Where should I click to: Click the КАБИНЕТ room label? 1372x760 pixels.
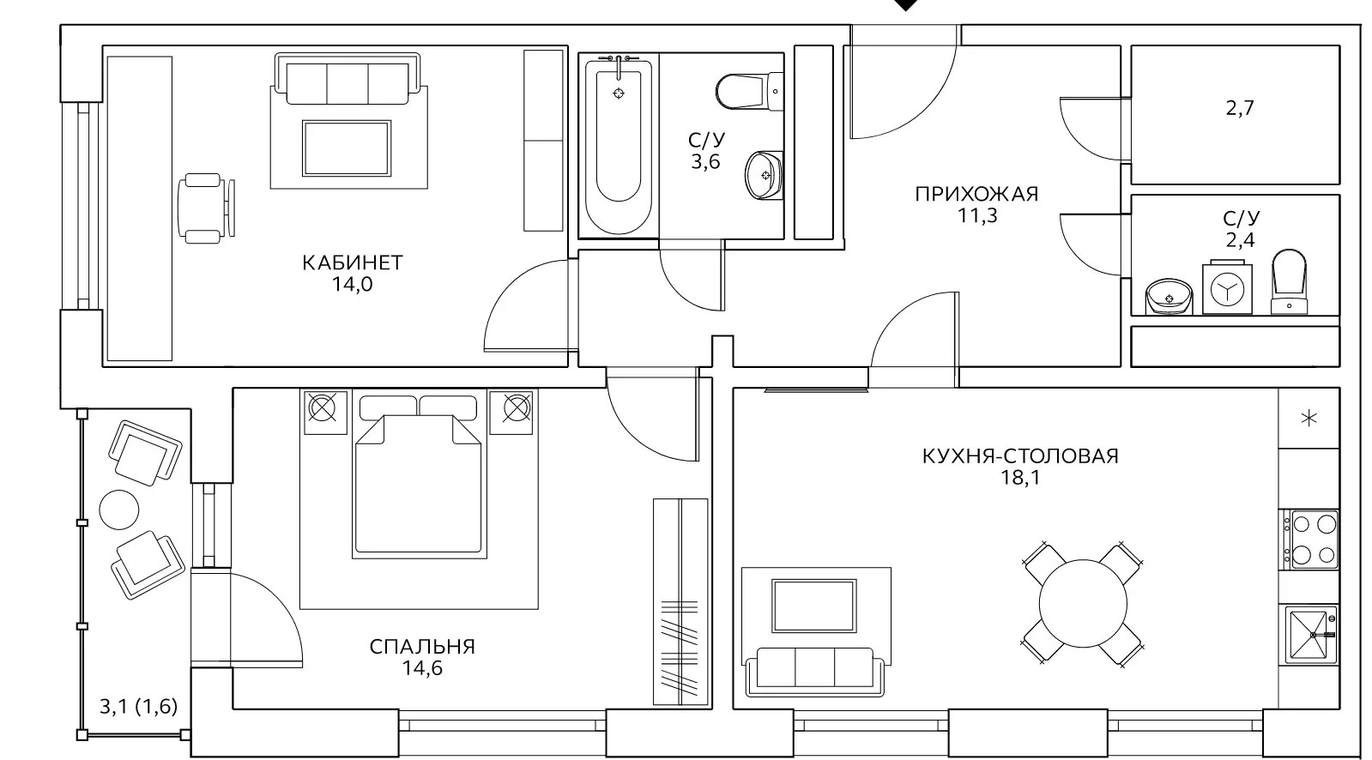click(x=352, y=262)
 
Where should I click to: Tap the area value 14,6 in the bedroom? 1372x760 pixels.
click(x=423, y=668)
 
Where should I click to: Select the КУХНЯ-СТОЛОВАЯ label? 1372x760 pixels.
click(x=1020, y=456)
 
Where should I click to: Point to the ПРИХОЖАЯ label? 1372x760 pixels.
click(x=977, y=194)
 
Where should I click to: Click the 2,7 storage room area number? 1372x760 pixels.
click(x=1240, y=108)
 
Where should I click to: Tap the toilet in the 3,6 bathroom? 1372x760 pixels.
click(x=749, y=92)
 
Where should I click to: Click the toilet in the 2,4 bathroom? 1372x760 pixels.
click(x=1290, y=282)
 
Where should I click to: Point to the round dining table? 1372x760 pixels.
click(x=1083, y=603)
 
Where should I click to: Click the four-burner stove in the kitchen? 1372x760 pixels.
click(x=1311, y=540)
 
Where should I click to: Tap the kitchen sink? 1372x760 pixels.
click(x=1311, y=635)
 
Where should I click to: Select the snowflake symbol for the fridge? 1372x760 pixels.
click(x=1309, y=419)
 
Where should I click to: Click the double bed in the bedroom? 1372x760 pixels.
click(x=420, y=477)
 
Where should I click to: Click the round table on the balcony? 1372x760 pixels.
click(x=118, y=510)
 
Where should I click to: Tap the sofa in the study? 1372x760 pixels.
click(x=348, y=80)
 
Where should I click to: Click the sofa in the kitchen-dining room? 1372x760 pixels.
click(x=815, y=672)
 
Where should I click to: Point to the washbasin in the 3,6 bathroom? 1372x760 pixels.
click(x=765, y=175)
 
